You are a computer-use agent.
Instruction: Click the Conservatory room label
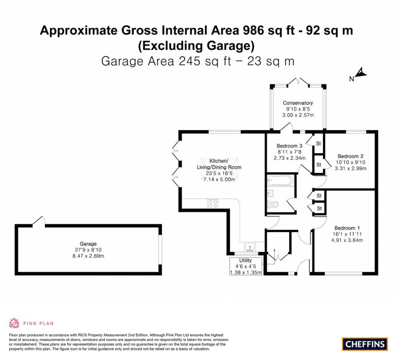tap(298, 103)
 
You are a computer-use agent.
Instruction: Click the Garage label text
tap(88, 244)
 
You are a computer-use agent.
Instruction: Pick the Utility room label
tap(245, 260)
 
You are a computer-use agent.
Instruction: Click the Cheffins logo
tap(365, 343)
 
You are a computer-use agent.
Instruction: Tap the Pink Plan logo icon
tap(14, 323)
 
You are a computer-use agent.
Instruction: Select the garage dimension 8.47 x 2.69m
tap(88, 256)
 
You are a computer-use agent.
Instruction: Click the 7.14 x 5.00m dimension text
tap(220, 180)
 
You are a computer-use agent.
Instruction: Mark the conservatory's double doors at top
tap(298, 82)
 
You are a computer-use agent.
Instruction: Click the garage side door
tap(39, 221)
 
